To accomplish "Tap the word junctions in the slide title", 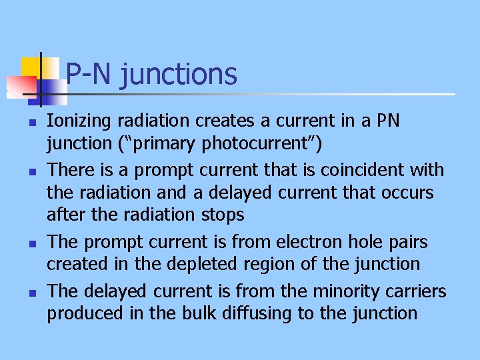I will (179, 74).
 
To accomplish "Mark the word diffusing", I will (255, 313).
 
